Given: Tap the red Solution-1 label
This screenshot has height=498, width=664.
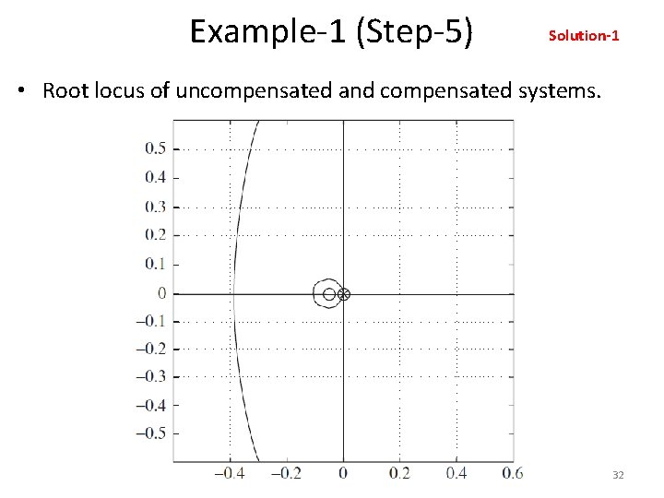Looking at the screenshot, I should click(x=584, y=36).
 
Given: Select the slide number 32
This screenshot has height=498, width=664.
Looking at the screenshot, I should click(x=618, y=474).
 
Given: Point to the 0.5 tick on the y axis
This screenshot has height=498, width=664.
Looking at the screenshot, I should click(x=155, y=148).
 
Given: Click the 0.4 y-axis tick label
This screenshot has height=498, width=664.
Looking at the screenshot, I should click(x=155, y=177).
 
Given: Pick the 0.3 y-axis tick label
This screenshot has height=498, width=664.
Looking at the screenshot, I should click(x=155, y=207).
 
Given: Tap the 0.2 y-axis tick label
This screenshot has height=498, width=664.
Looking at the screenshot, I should click(x=155, y=234).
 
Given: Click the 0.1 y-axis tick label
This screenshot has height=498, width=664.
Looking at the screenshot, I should click(x=155, y=264).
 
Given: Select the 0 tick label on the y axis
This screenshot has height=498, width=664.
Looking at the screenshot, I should click(x=161, y=293).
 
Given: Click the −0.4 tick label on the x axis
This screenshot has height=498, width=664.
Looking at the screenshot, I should click(x=231, y=473).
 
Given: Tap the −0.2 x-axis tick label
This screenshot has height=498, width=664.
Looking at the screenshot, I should click(x=286, y=473).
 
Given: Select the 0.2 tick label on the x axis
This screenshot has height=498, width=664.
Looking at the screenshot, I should click(x=399, y=473).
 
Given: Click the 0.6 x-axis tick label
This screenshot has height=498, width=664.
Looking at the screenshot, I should click(x=513, y=473).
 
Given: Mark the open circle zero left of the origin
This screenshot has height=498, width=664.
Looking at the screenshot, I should click(x=329, y=294).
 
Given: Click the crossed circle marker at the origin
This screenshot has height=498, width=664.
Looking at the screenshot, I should click(x=344, y=294).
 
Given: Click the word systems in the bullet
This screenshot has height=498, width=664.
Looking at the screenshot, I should click(x=553, y=91).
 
